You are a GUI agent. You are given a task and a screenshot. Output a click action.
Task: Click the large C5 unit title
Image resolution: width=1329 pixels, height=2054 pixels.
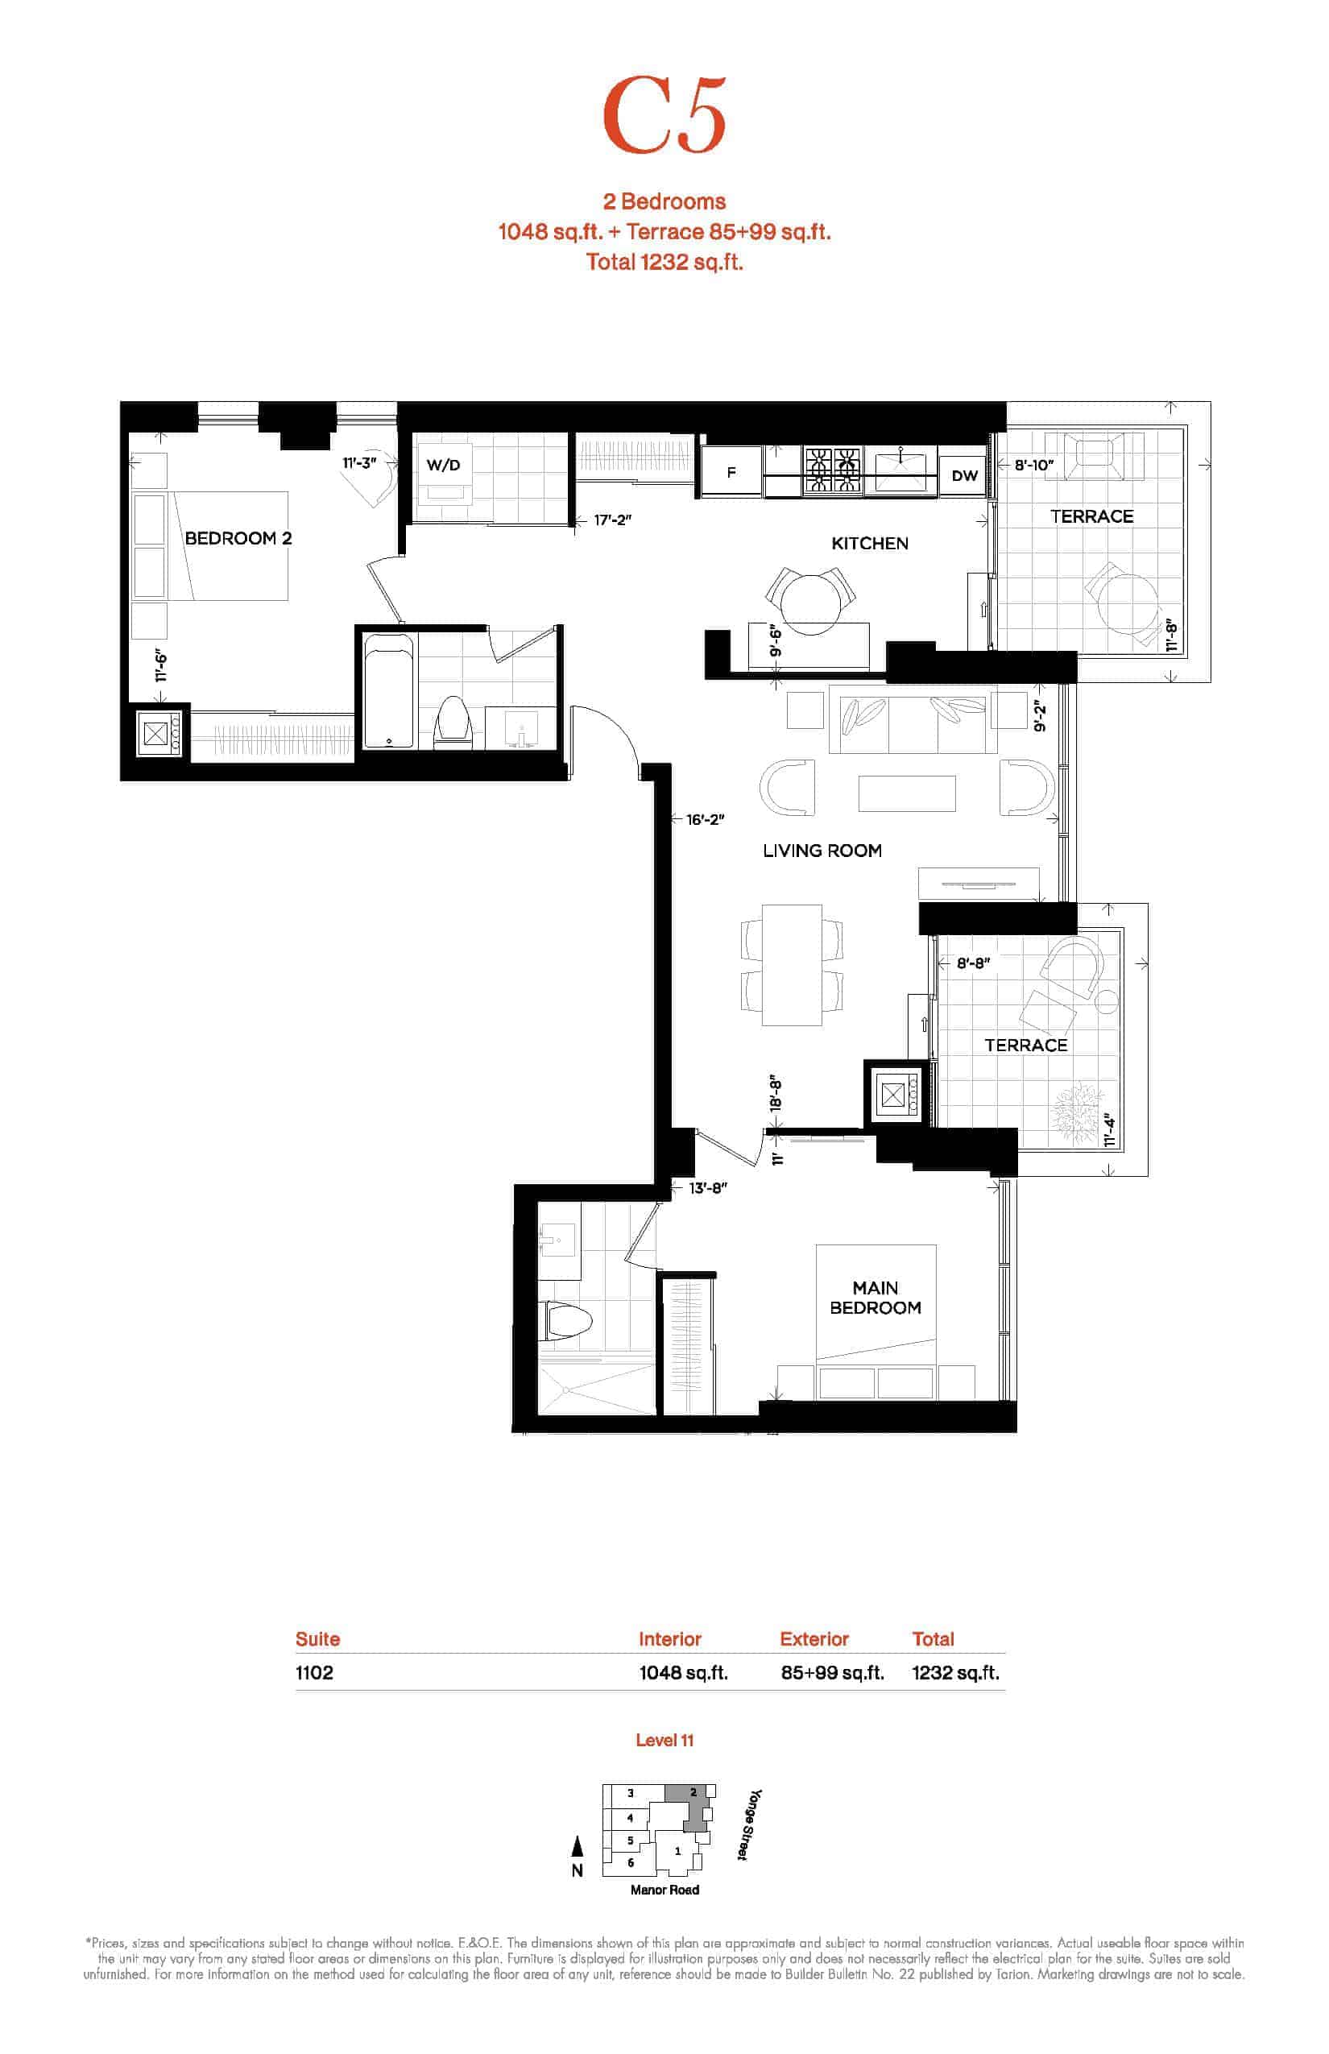[x=664, y=114]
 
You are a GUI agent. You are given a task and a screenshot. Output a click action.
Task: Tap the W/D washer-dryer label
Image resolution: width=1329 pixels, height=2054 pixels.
[x=444, y=466]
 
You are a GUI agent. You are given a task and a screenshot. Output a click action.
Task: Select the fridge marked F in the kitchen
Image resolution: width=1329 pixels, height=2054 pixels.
[x=731, y=472]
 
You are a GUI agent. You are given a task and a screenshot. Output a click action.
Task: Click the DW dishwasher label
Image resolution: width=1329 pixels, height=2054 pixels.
[x=964, y=475]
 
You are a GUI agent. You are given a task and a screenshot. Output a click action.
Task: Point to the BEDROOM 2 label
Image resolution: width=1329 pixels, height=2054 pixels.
[x=238, y=538]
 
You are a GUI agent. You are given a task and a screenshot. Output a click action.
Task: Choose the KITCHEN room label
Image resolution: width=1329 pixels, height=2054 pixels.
[x=870, y=543]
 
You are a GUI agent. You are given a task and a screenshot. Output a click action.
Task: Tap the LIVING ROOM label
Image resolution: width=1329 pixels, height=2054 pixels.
[x=822, y=850]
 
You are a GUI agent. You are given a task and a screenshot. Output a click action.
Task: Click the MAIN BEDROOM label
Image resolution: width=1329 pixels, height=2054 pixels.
[x=875, y=1297]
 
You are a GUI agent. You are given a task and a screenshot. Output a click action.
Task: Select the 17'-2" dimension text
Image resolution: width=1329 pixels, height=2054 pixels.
[x=613, y=520]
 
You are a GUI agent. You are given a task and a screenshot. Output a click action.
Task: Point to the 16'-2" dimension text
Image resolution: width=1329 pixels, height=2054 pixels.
[x=705, y=819]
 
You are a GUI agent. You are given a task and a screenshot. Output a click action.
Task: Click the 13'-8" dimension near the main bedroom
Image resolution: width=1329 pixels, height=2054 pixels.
[x=708, y=1187]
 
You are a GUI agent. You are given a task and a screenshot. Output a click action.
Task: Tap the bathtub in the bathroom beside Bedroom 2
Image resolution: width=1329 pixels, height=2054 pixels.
[x=388, y=691]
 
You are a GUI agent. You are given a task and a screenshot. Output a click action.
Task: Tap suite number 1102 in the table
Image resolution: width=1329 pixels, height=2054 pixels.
[x=314, y=1672]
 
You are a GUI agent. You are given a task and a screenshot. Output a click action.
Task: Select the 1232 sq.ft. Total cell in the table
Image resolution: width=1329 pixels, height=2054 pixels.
[x=955, y=1672]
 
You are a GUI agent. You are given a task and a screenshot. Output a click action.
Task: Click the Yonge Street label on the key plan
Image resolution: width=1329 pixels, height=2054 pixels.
[x=749, y=1824]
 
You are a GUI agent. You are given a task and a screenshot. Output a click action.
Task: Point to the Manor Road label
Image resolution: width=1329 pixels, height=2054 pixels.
[x=664, y=1889]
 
